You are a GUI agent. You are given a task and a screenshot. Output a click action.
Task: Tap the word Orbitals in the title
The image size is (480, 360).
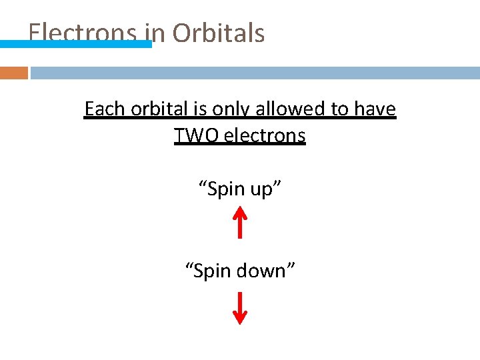[219, 33]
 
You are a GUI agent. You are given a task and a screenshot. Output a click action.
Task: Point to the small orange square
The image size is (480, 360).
[13, 73]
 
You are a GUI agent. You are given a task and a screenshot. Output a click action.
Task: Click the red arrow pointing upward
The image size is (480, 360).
[240, 223]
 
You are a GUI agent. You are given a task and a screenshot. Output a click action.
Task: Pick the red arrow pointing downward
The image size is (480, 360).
[240, 307]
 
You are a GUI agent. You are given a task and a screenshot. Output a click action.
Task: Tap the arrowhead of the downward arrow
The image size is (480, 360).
[240, 318]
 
